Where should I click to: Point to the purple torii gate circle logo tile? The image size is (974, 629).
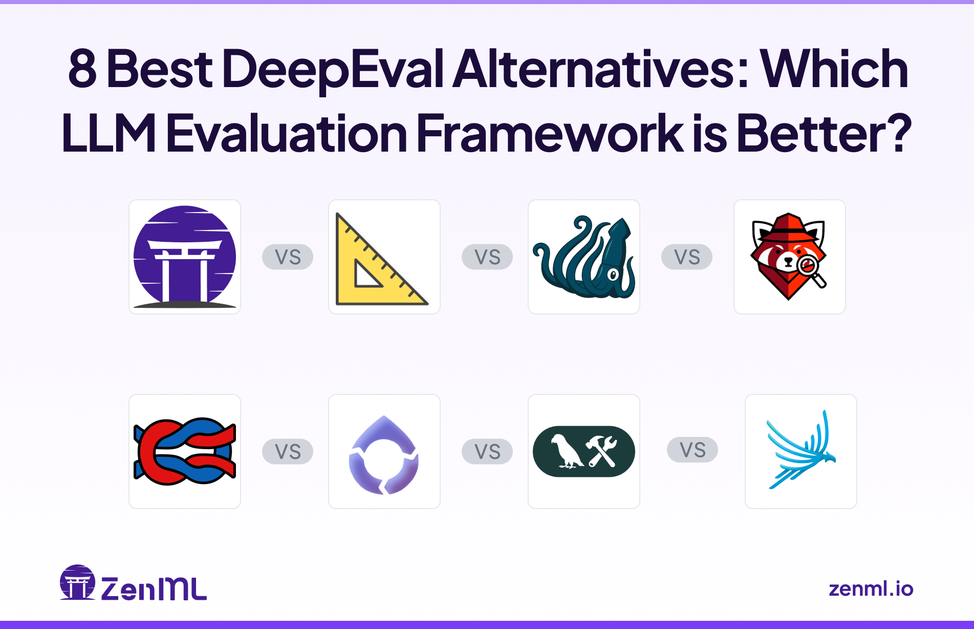[185, 257]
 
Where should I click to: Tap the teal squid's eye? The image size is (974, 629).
[612, 275]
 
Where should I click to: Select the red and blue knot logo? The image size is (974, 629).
[185, 451]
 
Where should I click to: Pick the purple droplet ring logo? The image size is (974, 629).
[384, 455]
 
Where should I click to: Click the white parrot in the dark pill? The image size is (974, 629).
[565, 451]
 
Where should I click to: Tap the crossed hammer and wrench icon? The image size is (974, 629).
[602, 451]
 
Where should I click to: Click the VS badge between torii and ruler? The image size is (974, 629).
[288, 257]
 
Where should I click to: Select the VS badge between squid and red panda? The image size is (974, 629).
[687, 257]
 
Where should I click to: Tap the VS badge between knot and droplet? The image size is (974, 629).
[288, 451]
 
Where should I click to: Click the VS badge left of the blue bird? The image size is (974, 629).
[692, 450]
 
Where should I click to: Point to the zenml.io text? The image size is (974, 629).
[871, 589]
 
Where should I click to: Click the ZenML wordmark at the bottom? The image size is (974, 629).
[154, 589]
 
